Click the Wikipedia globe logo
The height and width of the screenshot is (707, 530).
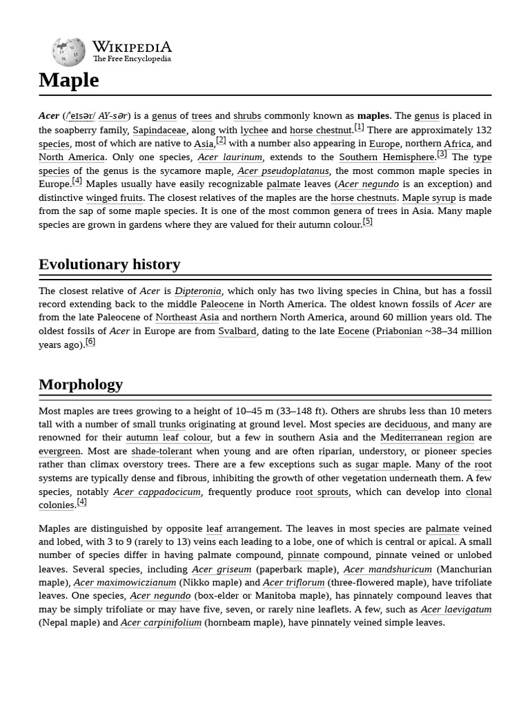[x=68, y=52]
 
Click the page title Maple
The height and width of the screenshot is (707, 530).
[x=69, y=80]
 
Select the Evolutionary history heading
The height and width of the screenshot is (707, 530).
[x=109, y=264]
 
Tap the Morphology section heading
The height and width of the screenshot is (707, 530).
[x=81, y=385]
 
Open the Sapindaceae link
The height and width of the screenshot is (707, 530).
[x=159, y=130]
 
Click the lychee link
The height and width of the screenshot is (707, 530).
[x=254, y=130]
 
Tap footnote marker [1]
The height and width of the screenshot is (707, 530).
[x=359, y=127]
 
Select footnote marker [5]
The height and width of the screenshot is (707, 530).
[x=367, y=222]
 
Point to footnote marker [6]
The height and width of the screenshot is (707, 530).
[x=90, y=342]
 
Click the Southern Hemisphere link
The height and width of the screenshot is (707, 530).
[x=387, y=157]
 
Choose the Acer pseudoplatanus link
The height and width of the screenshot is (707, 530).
[x=283, y=171]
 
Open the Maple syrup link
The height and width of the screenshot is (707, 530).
[x=429, y=197]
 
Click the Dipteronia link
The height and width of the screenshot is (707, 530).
[x=198, y=291]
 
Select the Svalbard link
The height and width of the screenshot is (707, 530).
[x=237, y=331]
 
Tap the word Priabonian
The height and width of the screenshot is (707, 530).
[x=399, y=331]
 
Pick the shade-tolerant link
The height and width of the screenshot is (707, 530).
[x=161, y=451]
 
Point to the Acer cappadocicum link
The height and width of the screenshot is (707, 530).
[x=157, y=492]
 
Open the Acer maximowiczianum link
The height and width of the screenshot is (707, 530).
[x=125, y=582]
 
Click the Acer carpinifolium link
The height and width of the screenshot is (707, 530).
[x=161, y=622]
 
